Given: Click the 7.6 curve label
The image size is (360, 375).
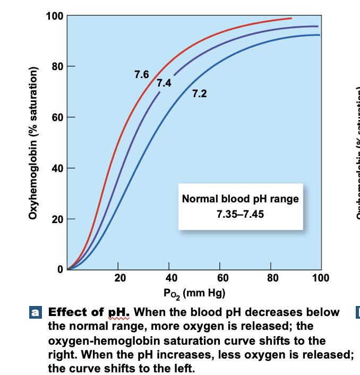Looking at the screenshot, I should pos(142,74).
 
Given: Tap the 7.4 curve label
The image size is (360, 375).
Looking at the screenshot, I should pos(164,83).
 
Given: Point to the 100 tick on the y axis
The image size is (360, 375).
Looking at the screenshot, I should pos(55,16).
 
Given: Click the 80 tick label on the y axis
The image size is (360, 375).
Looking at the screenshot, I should pos(57,67).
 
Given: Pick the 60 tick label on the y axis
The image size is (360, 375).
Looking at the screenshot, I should pos(57,117).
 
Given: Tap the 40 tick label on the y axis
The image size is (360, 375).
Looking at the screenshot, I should pos(57,168).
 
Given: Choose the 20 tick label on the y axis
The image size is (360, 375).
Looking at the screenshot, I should pos(57,219).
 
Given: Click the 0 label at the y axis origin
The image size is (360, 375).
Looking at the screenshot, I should pos(60,269).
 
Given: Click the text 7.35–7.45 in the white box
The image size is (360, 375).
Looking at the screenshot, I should pos(240,216).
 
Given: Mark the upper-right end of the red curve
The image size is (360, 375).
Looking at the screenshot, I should pos(291,19).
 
